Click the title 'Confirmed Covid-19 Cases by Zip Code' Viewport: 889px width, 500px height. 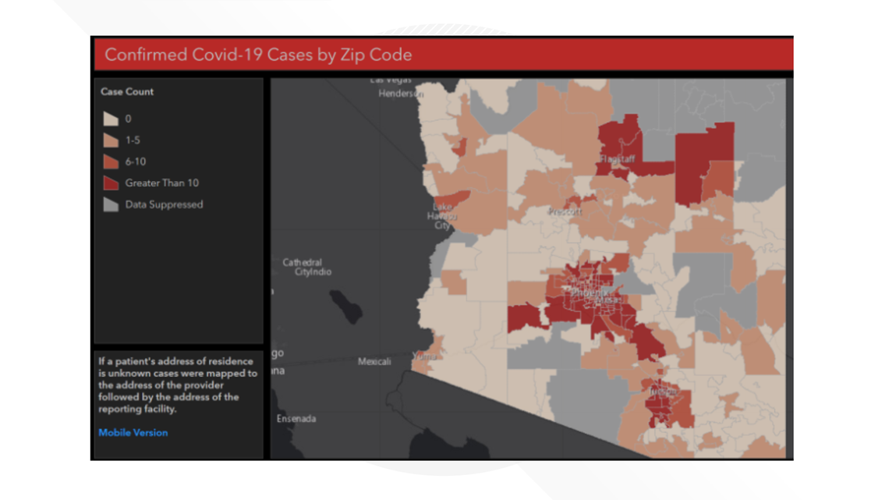[258, 55]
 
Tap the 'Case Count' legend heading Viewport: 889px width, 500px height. [127, 92]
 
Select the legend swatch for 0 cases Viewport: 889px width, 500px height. [111, 119]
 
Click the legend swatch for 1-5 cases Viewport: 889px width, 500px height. [111, 140]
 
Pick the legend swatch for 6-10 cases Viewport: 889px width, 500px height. [111, 161]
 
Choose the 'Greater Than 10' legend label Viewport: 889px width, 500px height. [161, 183]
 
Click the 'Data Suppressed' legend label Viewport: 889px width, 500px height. [164, 204]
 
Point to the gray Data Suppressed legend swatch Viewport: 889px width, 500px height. [111, 204]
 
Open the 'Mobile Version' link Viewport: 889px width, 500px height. [133, 432]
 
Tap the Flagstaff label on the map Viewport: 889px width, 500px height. [617, 159]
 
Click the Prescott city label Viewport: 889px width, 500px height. [565, 212]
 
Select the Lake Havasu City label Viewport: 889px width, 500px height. [443, 216]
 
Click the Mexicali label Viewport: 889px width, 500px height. [374, 362]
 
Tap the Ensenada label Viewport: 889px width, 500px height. [296, 419]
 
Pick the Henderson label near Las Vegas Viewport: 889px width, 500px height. [401, 94]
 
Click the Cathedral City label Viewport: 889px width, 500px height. [303, 263]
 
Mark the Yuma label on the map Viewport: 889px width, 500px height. [426, 357]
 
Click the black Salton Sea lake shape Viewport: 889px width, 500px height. [345, 306]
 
